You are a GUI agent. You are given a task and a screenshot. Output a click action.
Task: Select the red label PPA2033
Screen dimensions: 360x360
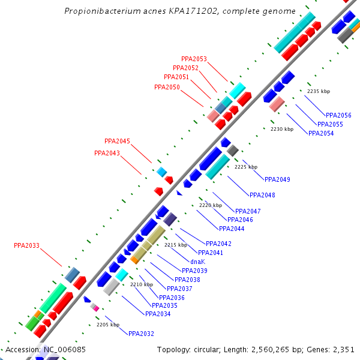[x=26, y=245]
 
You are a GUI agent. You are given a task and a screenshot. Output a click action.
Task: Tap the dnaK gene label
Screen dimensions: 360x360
[x=198, y=262]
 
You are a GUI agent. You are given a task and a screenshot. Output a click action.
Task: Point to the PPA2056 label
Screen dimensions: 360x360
[x=338, y=115]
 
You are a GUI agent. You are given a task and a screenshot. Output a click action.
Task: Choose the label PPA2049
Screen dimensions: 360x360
[x=277, y=180]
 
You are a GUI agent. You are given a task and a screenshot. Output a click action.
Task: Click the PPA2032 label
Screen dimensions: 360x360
[x=141, y=334]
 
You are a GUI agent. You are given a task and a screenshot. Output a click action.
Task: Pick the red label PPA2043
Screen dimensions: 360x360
[x=107, y=154]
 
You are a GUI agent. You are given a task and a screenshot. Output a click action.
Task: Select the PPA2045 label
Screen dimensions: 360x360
[x=117, y=142]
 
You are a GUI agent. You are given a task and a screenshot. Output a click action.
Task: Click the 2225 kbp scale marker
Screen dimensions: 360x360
[x=246, y=167]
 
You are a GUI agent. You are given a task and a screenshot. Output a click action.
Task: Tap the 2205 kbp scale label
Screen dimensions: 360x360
[x=108, y=325]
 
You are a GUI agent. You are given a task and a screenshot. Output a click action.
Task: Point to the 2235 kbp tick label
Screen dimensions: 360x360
[x=319, y=91]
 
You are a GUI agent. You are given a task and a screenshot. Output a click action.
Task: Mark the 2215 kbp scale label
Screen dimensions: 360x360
[x=176, y=245]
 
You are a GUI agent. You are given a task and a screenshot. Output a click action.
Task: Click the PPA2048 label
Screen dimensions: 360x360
[x=262, y=195]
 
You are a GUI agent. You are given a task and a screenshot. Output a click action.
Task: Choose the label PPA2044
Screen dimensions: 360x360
[x=232, y=229]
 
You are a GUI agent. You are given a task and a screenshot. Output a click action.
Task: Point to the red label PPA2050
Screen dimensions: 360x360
[x=167, y=88]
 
